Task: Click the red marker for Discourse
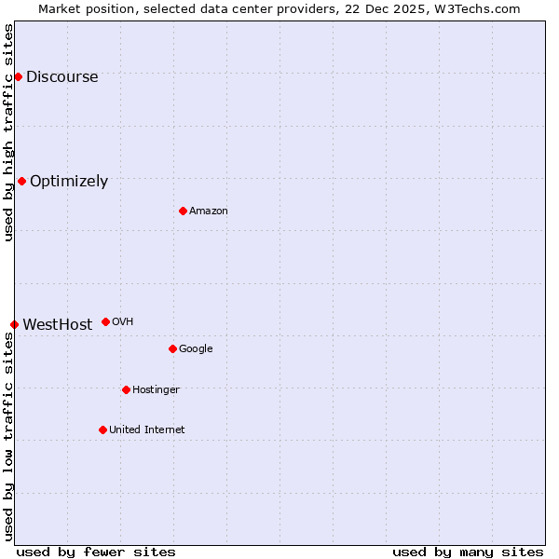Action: [18, 76]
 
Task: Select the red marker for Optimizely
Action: [21, 181]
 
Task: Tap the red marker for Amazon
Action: [183, 211]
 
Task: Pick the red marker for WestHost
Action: [14, 324]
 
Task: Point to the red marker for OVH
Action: [105, 321]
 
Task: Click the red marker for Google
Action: [172, 348]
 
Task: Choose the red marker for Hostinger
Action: [126, 389]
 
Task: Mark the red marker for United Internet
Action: [102, 429]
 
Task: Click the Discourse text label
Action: [61, 77]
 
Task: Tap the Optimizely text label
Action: [69, 182]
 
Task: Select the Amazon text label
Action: [209, 211]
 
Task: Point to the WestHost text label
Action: [57, 325]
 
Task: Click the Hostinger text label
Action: [156, 390]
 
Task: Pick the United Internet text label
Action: [146, 430]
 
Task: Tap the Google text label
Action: [196, 349]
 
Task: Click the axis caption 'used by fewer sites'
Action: [96, 552]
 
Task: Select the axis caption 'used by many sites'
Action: [468, 552]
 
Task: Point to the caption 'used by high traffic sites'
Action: [8, 132]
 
